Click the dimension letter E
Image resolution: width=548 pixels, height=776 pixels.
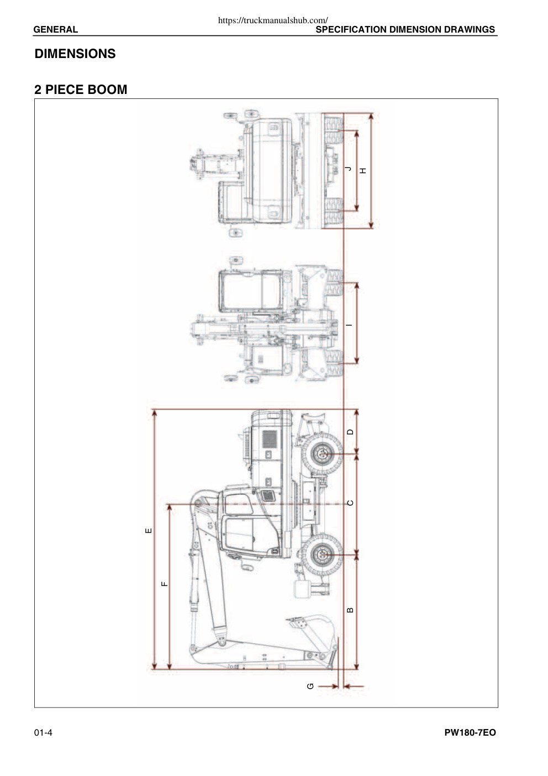[148, 531]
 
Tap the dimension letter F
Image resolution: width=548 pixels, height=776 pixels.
[165, 584]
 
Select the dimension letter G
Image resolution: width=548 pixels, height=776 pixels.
[310, 686]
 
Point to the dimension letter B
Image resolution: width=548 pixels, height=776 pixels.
[350, 610]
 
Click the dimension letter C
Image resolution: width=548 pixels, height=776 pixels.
[350, 502]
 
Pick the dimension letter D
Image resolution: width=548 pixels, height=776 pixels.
[350, 432]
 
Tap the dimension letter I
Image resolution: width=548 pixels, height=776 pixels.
[350, 324]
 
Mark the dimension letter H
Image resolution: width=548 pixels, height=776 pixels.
[363, 170]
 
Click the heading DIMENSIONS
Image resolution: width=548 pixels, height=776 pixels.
[75, 54]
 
